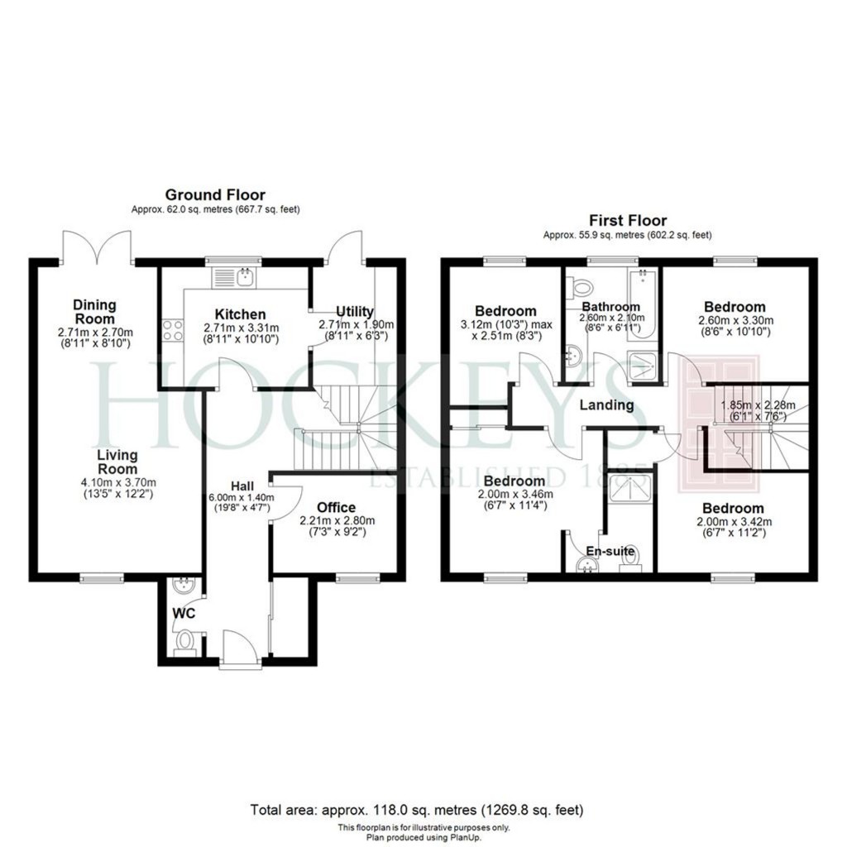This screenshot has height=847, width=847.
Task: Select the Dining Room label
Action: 93,312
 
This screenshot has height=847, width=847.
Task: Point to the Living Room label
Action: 117,462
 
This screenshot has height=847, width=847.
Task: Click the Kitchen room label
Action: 241,314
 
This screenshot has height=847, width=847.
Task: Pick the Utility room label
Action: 355,311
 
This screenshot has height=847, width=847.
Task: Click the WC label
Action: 183,614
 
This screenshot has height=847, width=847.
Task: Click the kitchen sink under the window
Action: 245,277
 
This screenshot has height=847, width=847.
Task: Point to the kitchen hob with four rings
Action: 173,331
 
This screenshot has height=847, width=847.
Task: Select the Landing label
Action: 606,405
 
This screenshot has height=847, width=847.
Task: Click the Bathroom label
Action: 611,307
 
